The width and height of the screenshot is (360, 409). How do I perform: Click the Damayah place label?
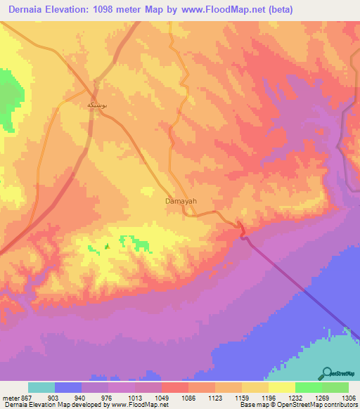coord(180,201)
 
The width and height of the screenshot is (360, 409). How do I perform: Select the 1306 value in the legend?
coord(348,397)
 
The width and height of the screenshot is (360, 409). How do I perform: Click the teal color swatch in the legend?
coord(41,387)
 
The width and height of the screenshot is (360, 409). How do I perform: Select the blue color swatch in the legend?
coord(68,387)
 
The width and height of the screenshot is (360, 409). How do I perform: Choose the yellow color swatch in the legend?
coord(282,387)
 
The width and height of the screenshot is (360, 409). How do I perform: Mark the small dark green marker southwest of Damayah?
coord(107,246)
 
